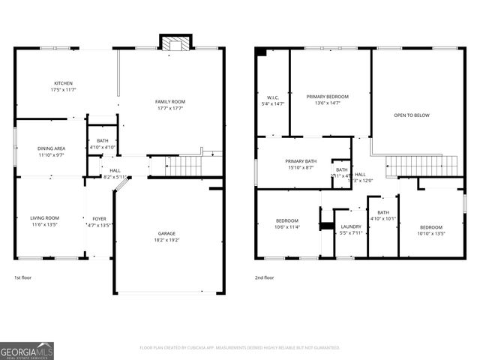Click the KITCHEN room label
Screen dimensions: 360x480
pyautogui.click(x=63, y=82)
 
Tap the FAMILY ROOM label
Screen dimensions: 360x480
pyautogui.click(x=170, y=101)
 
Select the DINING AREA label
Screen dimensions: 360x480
pyautogui.click(x=51, y=148)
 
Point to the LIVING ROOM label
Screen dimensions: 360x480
pyautogui.click(x=44, y=217)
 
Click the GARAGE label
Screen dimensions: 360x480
pyautogui.click(x=166, y=232)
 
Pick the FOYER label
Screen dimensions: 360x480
pyautogui.click(x=99, y=218)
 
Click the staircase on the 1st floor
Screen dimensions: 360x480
pyautogui.click(x=184, y=165)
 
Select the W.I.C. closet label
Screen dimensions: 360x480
pyautogui.click(x=272, y=97)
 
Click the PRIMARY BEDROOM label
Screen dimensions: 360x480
pyautogui.click(x=328, y=97)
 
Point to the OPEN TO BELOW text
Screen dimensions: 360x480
pyautogui.click(x=412, y=115)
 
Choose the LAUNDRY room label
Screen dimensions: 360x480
pyautogui.click(x=351, y=226)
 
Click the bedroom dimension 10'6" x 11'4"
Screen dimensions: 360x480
pyautogui.click(x=286, y=227)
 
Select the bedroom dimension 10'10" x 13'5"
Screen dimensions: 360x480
pyautogui.click(x=431, y=233)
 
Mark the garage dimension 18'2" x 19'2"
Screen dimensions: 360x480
pyautogui.click(x=166, y=239)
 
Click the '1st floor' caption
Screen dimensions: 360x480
pyautogui.click(x=23, y=277)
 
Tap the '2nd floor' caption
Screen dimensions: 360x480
pyautogui.click(x=264, y=277)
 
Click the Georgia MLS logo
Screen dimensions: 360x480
pyautogui.click(x=27, y=350)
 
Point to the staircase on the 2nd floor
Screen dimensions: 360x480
pyautogui.click(x=421, y=166)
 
